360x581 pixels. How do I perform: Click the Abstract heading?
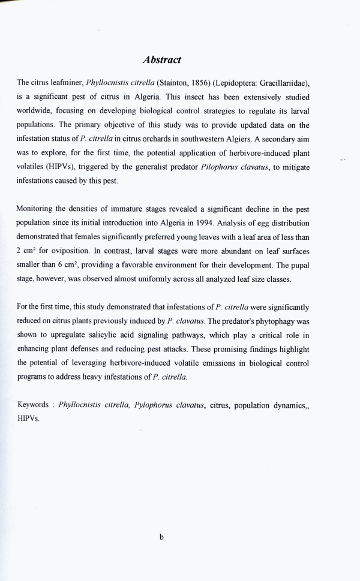162,60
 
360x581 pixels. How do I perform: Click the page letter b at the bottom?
161,537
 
